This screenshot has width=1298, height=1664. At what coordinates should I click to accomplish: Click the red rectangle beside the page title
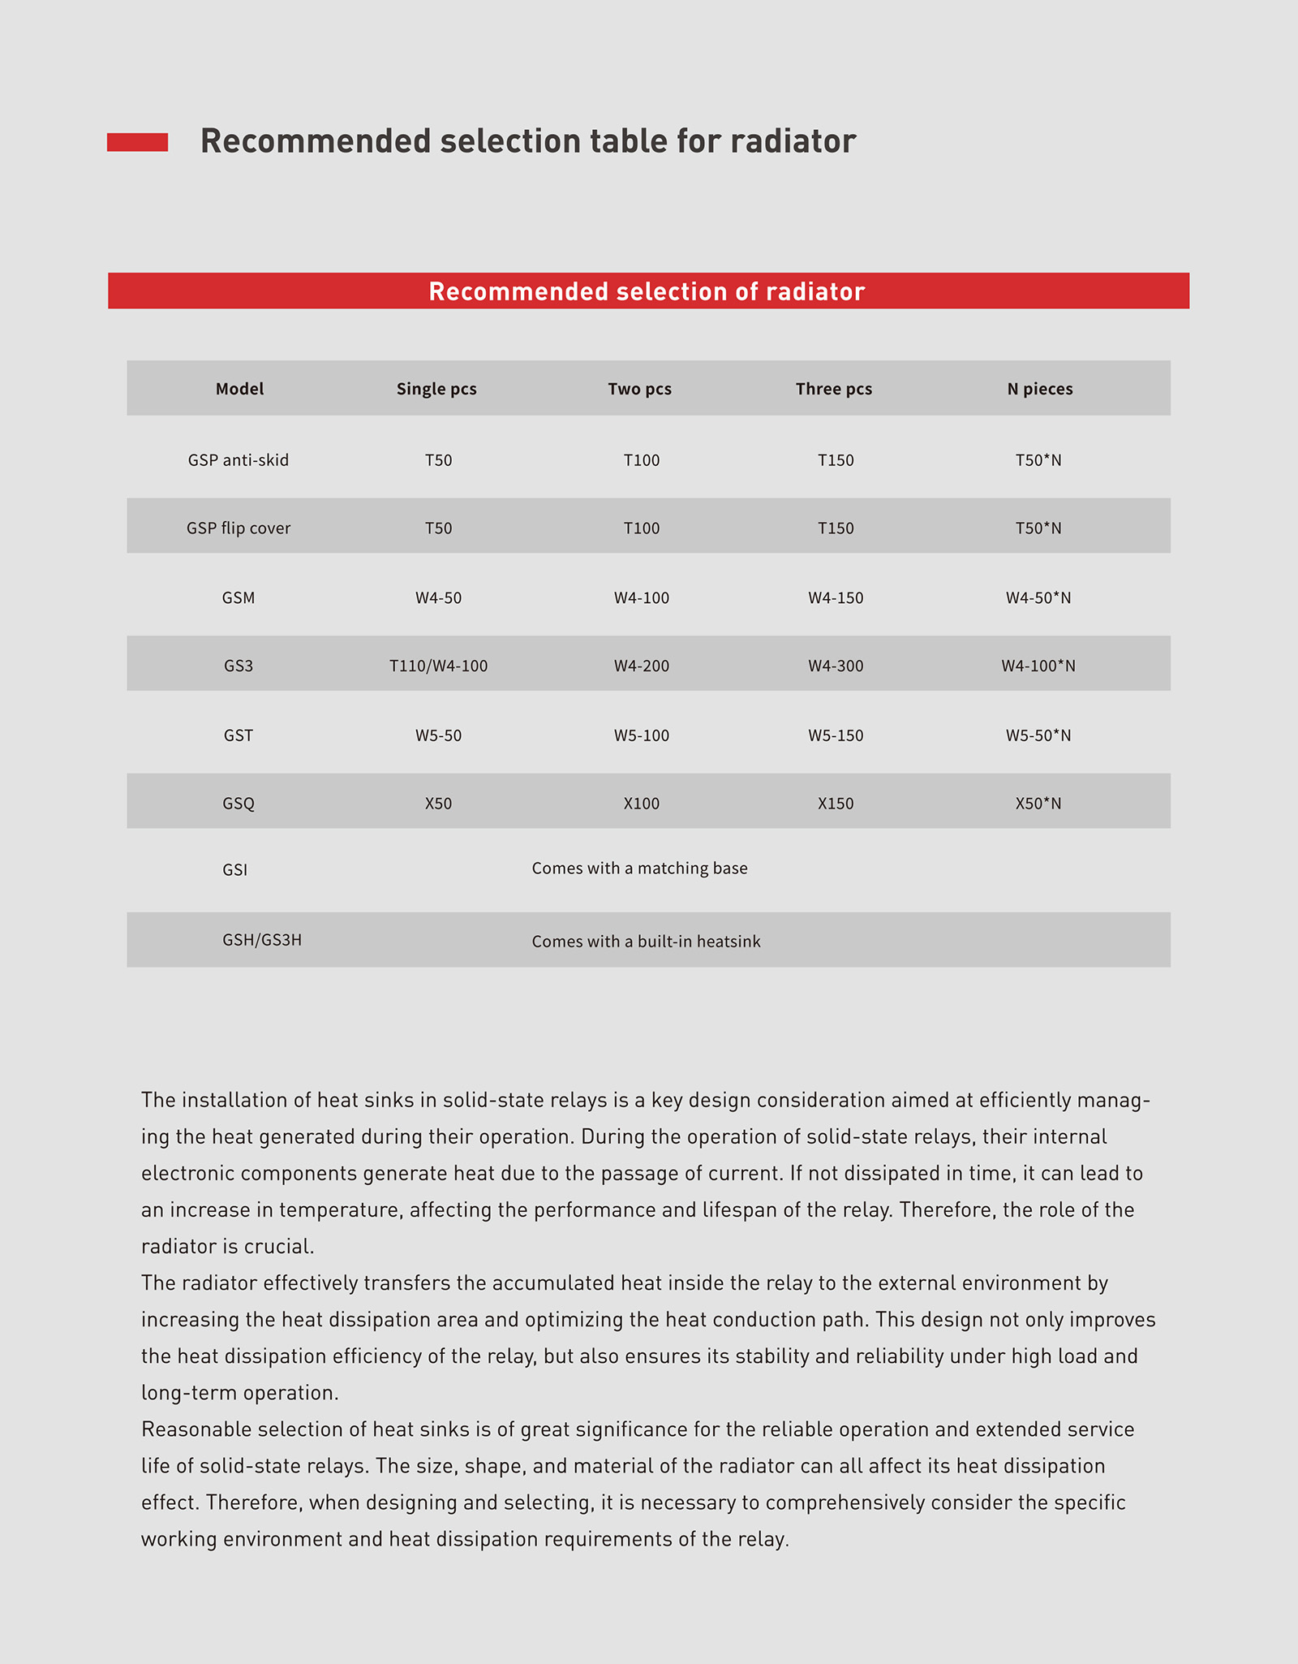pyautogui.click(x=137, y=142)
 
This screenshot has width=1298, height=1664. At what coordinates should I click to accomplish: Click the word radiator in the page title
pyautogui.click(x=793, y=141)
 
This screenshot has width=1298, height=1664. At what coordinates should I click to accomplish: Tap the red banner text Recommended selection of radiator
pyautogui.click(x=647, y=291)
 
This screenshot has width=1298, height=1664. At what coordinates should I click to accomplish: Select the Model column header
pyautogui.click(x=239, y=389)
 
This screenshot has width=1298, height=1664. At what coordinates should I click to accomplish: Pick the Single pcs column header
pyautogui.click(x=436, y=389)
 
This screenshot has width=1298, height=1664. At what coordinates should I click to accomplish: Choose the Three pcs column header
pyautogui.click(x=834, y=389)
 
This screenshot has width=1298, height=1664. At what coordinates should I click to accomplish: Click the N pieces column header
pyautogui.click(x=1039, y=389)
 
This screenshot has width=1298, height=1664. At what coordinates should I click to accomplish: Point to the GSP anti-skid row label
pyautogui.click(x=239, y=460)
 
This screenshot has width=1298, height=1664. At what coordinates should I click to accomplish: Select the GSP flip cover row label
pyautogui.click(x=239, y=528)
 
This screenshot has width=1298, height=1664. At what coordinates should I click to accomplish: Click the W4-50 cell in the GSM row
pyautogui.click(x=438, y=598)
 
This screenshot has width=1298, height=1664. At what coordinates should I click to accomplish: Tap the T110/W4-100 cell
pyautogui.click(x=438, y=666)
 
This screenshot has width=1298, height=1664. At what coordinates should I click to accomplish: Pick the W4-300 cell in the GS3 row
pyautogui.click(x=836, y=666)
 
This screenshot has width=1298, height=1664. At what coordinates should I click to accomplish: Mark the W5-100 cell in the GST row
pyautogui.click(x=641, y=736)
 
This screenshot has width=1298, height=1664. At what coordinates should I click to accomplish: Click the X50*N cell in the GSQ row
pyautogui.click(x=1038, y=804)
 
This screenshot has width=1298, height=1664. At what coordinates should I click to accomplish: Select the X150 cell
pyautogui.click(x=836, y=804)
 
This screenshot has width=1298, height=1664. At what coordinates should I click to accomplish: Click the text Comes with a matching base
pyautogui.click(x=639, y=869)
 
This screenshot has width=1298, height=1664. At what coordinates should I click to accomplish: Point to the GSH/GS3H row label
pyautogui.click(x=262, y=940)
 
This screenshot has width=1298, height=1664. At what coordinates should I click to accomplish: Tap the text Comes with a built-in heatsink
pyautogui.click(x=646, y=942)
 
